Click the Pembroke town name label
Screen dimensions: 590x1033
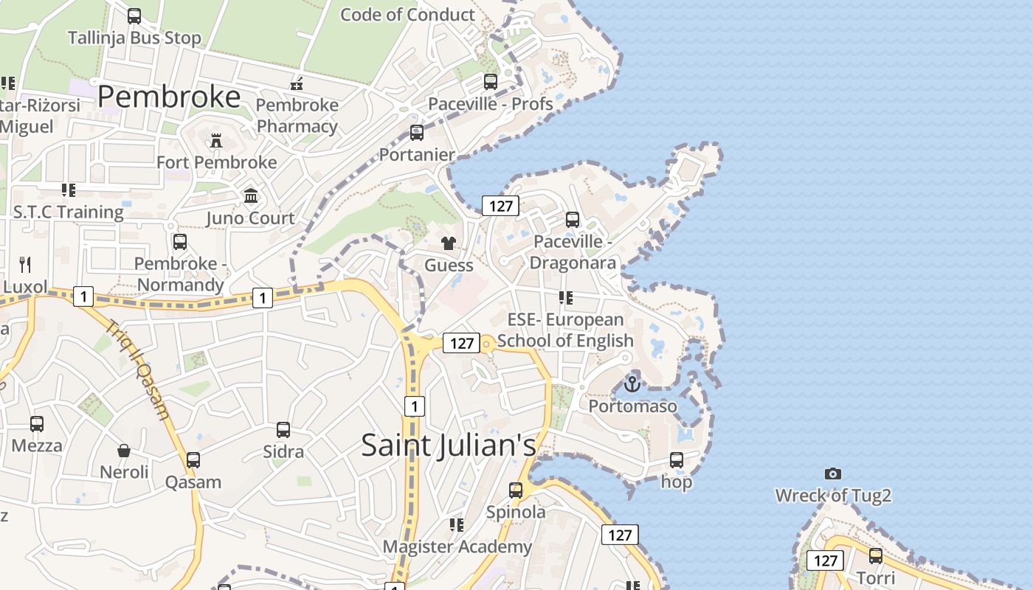coord(169,97)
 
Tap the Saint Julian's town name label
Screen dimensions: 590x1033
coord(449,445)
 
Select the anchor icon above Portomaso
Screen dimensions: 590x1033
coord(632,384)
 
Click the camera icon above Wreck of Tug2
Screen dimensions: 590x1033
coord(833,473)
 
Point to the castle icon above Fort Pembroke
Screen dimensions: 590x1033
coord(216,140)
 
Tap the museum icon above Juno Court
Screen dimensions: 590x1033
coord(251,196)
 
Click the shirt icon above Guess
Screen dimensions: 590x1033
coord(449,243)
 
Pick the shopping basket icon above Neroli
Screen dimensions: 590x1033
coord(124,450)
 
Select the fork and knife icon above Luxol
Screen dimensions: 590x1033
coord(25,265)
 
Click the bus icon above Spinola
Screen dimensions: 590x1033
coord(516,490)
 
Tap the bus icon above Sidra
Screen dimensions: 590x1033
coord(283,430)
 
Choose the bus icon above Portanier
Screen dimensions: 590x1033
coord(417,133)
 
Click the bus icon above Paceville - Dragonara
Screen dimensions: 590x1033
coord(573,219)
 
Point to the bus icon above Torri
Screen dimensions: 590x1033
coord(876,555)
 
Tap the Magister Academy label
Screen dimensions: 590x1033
coord(457,546)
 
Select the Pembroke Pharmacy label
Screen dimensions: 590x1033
coord(297,116)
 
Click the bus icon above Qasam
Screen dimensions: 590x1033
coord(193,460)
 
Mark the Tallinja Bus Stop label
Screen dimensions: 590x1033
coord(134,38)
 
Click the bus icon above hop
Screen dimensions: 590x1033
coord(677,460)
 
